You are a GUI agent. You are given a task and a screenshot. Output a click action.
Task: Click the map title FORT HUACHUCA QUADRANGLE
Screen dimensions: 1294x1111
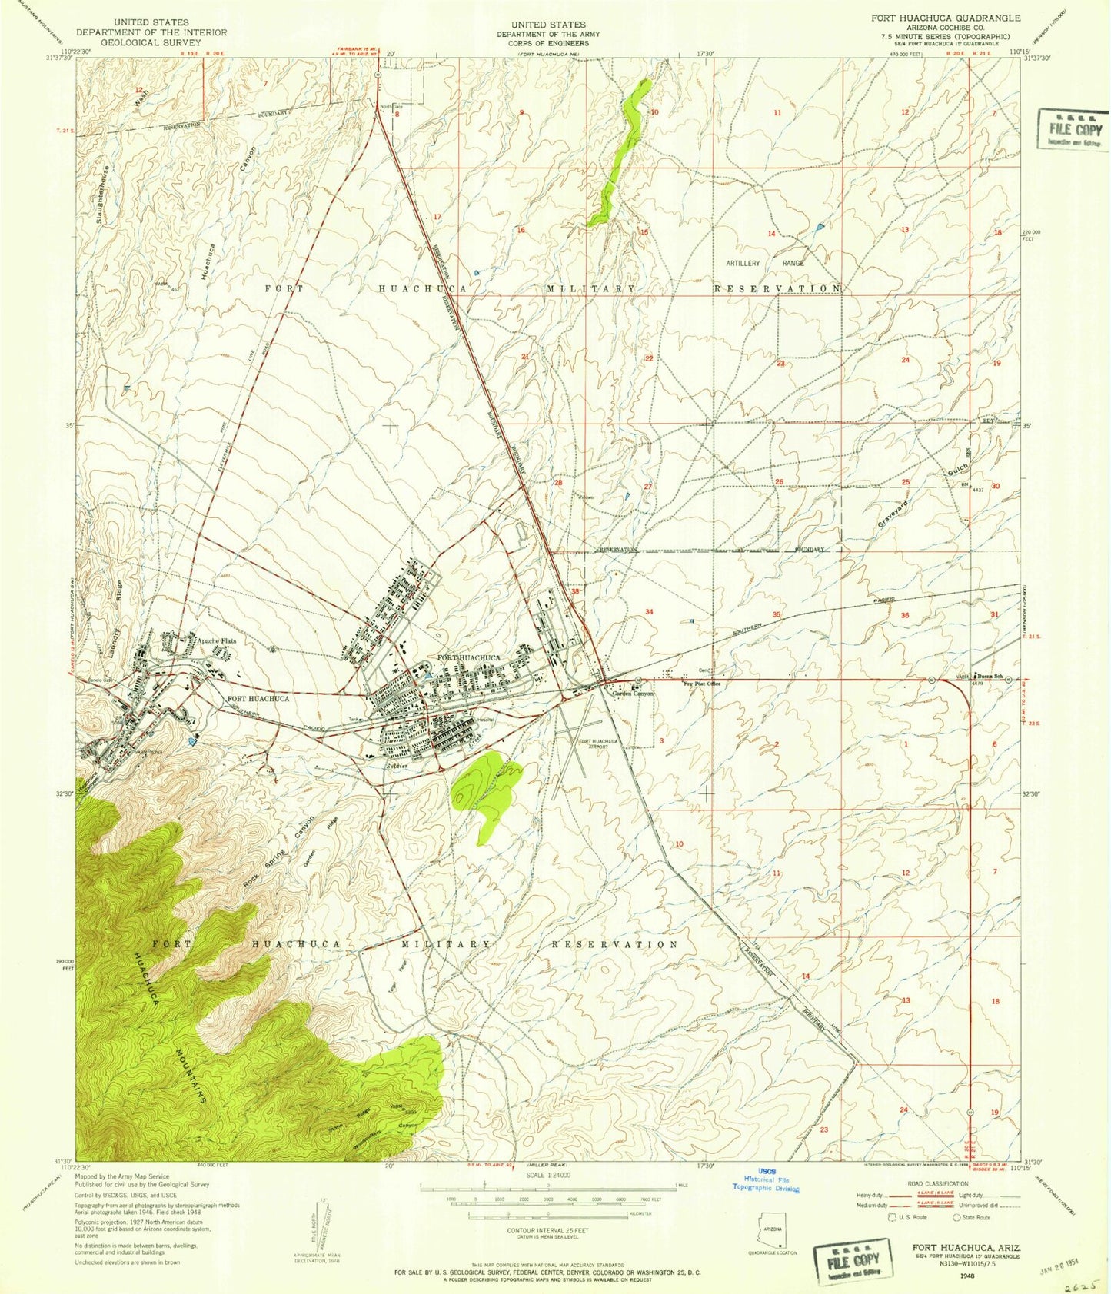pyautogui.click(x=934, y=18)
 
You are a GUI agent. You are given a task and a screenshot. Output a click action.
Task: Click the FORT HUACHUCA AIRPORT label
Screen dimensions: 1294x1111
pyautogui.click(x=594, y=743)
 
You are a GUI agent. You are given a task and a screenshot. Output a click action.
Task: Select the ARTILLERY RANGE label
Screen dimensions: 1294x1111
pyautogui.click(x=765, y=263)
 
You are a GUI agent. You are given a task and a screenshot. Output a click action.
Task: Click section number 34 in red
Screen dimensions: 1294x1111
pyautogui.click(x=649, y=611)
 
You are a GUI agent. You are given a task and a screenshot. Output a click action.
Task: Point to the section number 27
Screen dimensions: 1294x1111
pyautogui.click(x=647, y=487)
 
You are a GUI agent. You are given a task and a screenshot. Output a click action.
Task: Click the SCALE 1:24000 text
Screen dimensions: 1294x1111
pyautogui.click(x=547, y=1176)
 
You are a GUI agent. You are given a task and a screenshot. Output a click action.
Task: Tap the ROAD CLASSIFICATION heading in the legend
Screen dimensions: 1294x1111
pyautogui.click(x=936, y=1184)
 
